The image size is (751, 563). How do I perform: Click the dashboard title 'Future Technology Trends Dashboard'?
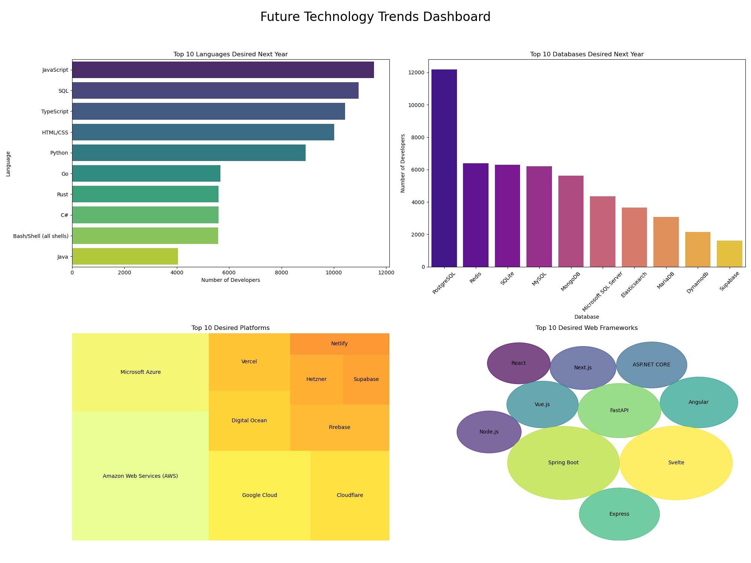click(375, 17)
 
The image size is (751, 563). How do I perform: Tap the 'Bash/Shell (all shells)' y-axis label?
click(41, 236)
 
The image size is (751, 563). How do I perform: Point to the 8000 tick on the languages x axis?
click(281, 273)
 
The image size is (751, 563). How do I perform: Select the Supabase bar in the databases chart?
click(729, 254)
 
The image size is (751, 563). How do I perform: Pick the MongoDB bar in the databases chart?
click(571, 221)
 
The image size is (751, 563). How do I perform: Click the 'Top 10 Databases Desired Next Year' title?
click(587, 54)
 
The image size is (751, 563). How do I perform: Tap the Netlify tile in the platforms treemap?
click(339, 344)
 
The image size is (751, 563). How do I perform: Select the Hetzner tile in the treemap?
click(317, 379)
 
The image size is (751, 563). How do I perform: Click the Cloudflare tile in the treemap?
click(350, 495)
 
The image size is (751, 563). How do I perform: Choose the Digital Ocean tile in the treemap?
click(249, 421)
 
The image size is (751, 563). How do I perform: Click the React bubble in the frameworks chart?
click(519, 363)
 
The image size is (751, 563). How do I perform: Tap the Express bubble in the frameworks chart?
click(619, 514)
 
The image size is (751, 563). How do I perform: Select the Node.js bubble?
click(489, 432)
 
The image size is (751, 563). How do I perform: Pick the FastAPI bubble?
click(619, 411)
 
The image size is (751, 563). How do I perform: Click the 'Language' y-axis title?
click(8, 164)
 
